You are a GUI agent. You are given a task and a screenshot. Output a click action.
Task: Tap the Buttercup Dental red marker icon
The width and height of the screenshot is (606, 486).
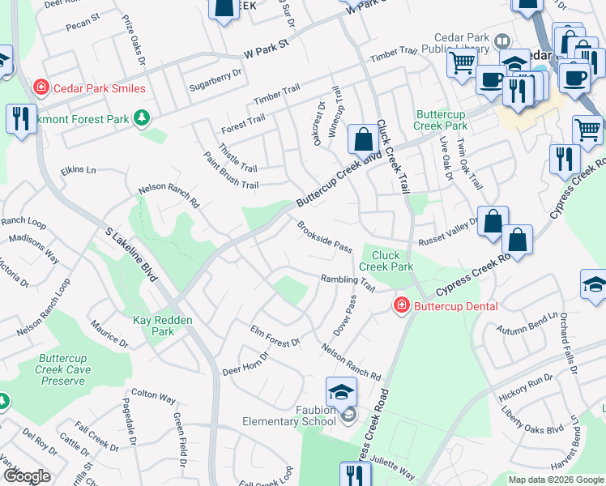pyautogui.click(x=401, y=305)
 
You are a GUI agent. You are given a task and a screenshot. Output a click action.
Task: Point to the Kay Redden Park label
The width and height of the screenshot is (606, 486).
pyautogui.click(x=163, y=326)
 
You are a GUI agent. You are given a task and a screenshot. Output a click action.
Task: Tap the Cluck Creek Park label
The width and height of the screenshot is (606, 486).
pyautogui.click(x=386, y=261)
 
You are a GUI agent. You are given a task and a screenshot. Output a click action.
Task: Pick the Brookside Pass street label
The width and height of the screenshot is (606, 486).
pyautogui.click(x=324, y=237)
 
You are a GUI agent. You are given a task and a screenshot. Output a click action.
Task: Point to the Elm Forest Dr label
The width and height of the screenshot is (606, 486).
pyautogui.click(x=275, y=337)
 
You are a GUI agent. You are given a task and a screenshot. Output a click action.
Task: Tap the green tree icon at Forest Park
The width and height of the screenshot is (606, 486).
pyautogui.click(x=142, y=118)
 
